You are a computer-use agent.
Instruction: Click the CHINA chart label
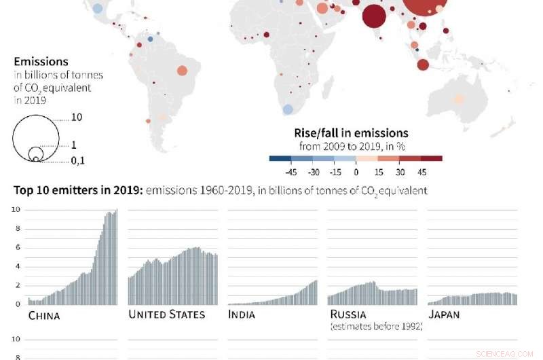(44, 316)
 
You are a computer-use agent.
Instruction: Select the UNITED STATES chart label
(166, 314)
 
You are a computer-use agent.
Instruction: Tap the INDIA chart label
(242, 314)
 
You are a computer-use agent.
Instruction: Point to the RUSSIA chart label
(348, 314)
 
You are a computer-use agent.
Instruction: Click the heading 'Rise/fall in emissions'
(351, 132)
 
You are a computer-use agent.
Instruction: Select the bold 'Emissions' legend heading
(41, 62)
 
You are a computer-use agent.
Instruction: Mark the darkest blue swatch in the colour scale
(280, 158)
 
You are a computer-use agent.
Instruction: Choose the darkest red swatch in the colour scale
(432, 158)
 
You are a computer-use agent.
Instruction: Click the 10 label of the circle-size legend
(77, 118)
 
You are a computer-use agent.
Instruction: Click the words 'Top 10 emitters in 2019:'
(70, 190)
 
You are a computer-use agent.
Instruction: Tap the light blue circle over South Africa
(288, 109)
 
